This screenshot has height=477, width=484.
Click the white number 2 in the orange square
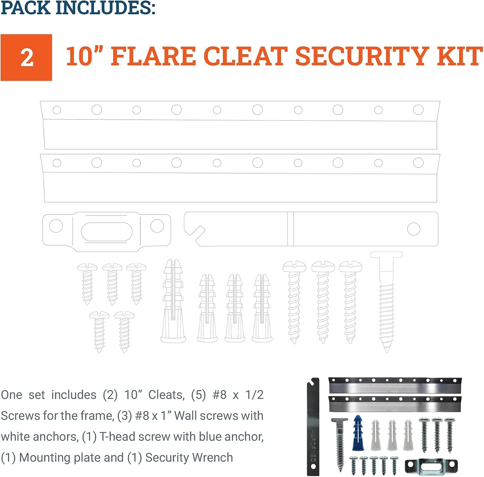tap(27, 58)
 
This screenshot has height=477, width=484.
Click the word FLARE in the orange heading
tap(153, 56)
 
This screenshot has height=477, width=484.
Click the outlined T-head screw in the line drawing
tap(386, 302)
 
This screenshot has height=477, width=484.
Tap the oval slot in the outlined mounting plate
tap(107, 232)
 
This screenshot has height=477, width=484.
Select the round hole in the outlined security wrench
tap(414, 229)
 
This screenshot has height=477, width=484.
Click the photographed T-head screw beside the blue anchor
tap(339, 445)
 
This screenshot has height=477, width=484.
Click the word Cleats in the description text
tap(166, 395)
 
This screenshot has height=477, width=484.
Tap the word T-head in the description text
tap(117, 436)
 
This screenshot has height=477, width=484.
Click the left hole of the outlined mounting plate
tap(56, 226)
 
